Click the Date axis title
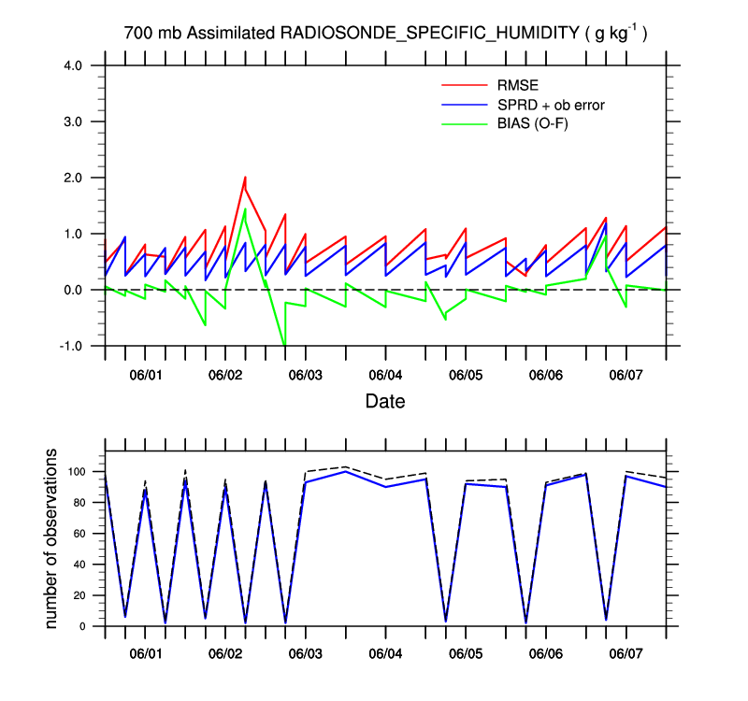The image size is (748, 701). (384, 401)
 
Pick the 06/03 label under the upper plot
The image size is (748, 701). (305, 375)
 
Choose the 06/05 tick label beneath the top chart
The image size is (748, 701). (466, 375)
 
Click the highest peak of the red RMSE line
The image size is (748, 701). (245, 177)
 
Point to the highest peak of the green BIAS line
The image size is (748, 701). (245, 208)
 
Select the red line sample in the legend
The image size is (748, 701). (465, 85)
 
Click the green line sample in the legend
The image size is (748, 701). (465, 123)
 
